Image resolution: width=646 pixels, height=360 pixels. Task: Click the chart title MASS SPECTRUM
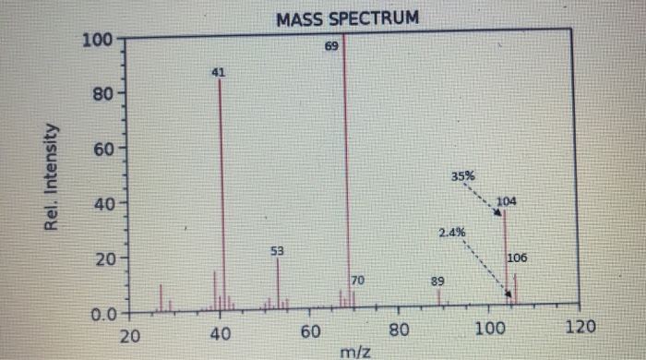coord(346,18)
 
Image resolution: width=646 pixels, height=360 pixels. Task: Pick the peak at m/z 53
coord(278,282)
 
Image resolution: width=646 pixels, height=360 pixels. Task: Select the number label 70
coord(359,280)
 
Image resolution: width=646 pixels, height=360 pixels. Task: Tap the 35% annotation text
coord(463,174)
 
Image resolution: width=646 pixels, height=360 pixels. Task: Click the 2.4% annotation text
coord(452,232)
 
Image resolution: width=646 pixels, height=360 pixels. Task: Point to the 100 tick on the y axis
coord(95,41)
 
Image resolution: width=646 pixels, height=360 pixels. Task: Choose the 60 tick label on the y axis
coord(99,149)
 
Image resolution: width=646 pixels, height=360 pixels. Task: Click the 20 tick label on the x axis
coord(131,333)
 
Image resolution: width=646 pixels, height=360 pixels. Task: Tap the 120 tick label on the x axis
coord(580,328)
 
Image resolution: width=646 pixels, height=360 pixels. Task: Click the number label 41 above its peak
coord(219,71)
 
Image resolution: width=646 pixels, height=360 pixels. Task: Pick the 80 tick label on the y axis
coord(99,94)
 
